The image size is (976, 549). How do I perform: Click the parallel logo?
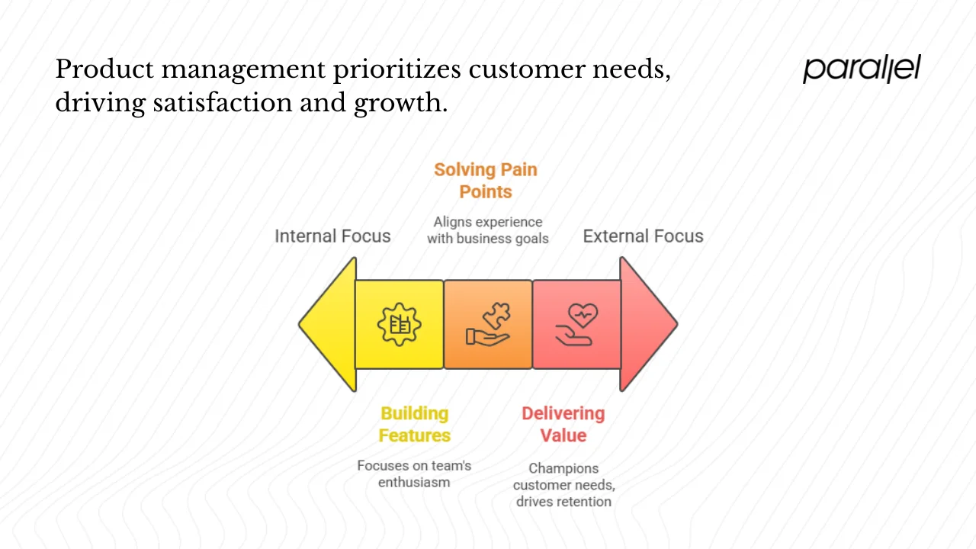[x=862, y=69]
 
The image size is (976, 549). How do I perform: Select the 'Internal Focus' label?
[x=332, y=236]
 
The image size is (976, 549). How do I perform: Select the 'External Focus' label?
[x=643, y=236]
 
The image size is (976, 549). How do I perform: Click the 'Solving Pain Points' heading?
[x=486, y=181]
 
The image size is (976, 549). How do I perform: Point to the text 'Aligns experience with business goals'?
[x=488, y=230]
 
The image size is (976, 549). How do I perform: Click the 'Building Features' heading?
[x=415, y=425]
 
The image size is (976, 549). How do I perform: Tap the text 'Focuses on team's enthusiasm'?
[x=414, y=474]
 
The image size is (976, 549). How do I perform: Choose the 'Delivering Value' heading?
[x=563, y=425]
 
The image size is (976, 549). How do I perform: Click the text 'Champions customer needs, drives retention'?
[x=563, y=485]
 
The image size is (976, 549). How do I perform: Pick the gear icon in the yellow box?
[x=400, y=325]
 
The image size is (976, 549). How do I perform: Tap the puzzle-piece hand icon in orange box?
[x=488, y=325]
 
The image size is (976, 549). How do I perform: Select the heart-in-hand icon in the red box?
[x=576, y=325]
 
